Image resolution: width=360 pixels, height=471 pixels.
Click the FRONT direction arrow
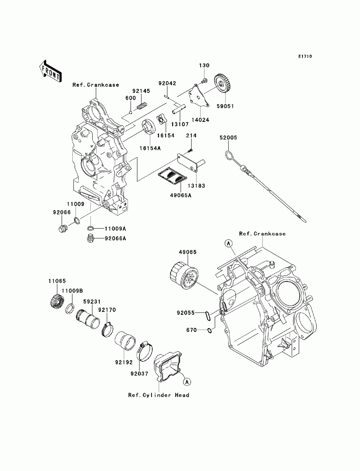(50, 71)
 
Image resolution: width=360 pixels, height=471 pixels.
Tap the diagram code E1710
(305, 56)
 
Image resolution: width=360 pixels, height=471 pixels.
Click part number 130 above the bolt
(204, 65)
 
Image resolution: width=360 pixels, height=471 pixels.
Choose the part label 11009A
(115, 228)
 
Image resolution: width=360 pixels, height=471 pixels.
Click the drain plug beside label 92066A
(91, 238)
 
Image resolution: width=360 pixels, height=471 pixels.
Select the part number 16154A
(150, 148)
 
